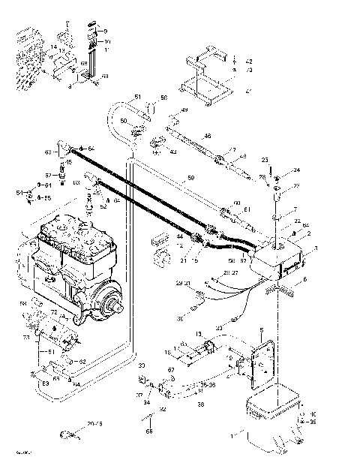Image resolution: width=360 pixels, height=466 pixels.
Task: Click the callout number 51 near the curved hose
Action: (x=137, y=96)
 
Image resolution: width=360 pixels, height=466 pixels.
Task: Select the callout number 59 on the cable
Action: (x=190, y=178)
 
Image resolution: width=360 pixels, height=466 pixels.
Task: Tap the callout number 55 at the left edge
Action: (x=47, y=197)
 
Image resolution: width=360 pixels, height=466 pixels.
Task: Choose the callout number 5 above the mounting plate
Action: (x=260, y=330)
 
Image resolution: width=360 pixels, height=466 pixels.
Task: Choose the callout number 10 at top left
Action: (x=106, y=41)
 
